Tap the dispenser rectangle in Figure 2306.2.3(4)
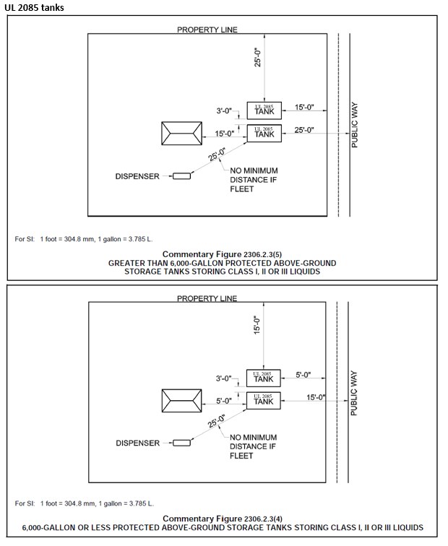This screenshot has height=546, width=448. [x=181, y=443]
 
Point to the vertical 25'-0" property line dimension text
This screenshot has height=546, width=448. [x=257, y=57]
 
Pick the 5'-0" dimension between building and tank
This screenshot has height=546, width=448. [x=223, y=399]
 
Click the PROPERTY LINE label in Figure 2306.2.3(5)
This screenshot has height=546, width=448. [x=207, y=30]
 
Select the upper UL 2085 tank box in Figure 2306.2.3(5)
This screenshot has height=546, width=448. [x=264, y=110]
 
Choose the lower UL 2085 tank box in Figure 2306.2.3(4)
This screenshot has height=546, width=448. [x=263, y=399]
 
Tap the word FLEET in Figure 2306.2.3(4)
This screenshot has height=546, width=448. [x=241, y=456]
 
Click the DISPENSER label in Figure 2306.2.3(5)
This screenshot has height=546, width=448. [x=137, y=176]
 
